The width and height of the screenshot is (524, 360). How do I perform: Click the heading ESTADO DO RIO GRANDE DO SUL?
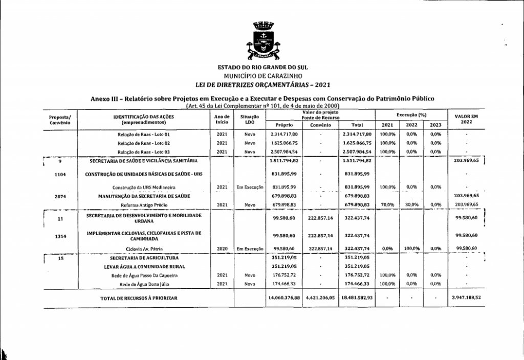pos(261,68)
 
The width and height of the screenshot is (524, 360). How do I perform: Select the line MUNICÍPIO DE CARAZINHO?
pos(261,76)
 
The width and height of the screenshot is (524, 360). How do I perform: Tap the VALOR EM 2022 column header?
pos(466,119)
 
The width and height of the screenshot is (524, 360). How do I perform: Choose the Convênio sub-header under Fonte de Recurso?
pos(320,125)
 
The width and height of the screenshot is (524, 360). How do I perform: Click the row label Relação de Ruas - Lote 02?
pos(144,143)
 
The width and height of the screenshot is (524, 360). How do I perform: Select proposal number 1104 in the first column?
pos(60,174)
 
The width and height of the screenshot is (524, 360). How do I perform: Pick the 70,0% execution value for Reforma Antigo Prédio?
pos(387,204)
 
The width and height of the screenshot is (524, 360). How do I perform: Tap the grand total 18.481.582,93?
pos(357,298)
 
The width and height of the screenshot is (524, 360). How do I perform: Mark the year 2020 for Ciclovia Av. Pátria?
pos(222,248)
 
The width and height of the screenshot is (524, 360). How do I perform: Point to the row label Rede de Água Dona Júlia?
pos(144,283)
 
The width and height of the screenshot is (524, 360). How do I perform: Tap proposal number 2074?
pos(60,196)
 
